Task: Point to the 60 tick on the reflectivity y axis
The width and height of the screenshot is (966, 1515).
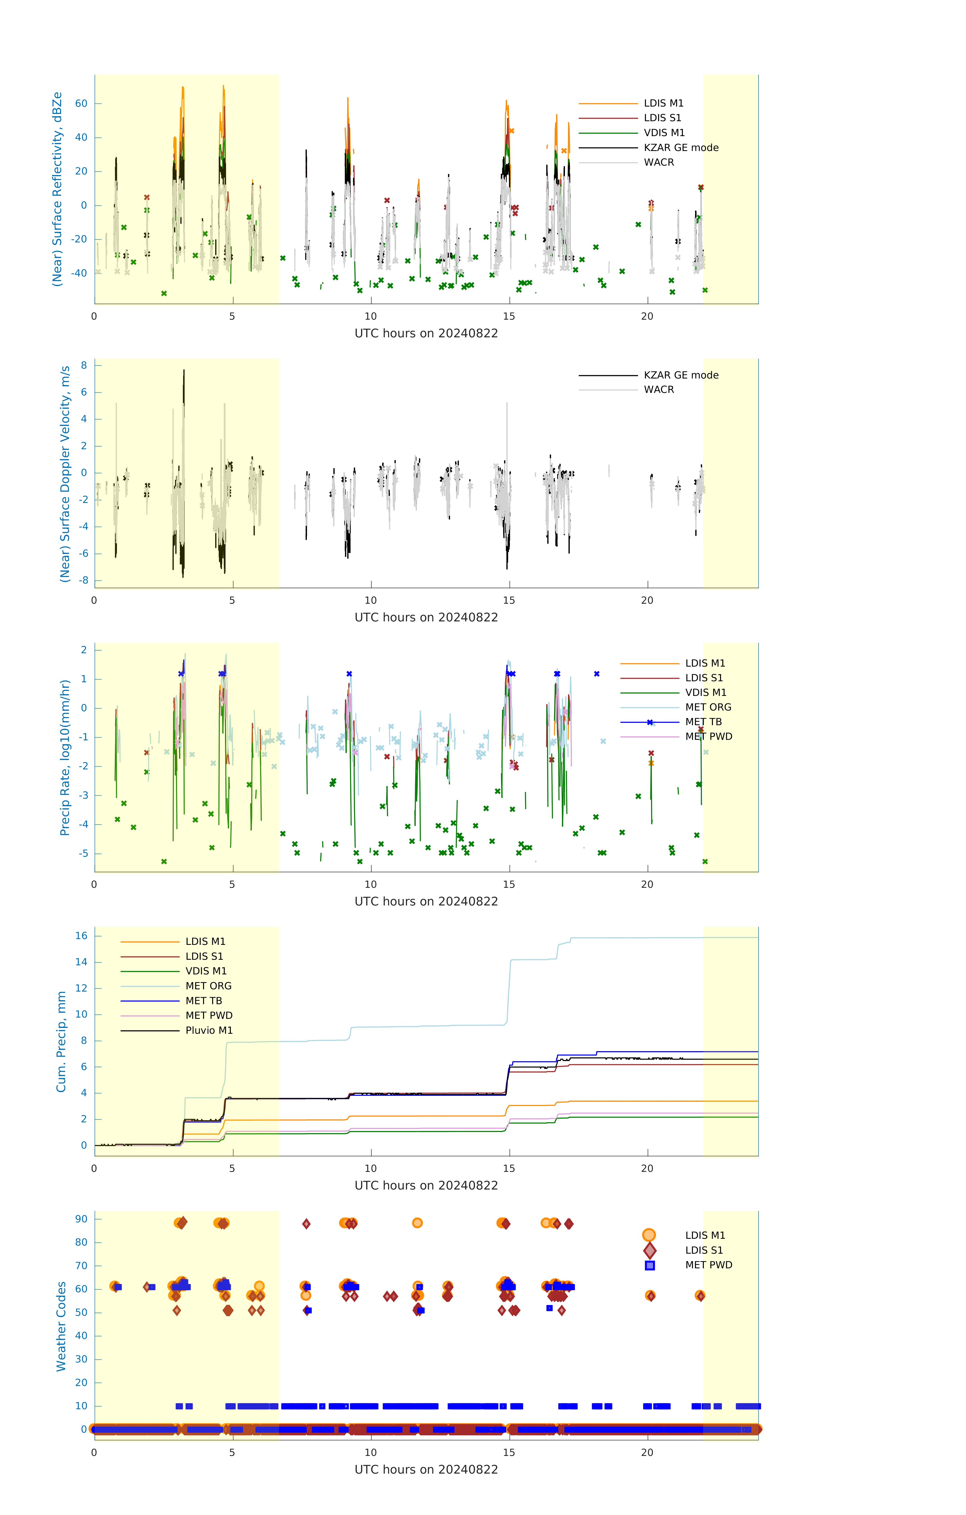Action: (x=81, y=104)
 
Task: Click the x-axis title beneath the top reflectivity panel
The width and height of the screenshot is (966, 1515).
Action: (x=426, y=334)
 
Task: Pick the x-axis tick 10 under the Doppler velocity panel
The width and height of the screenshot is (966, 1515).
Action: (x=371, y=600)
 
